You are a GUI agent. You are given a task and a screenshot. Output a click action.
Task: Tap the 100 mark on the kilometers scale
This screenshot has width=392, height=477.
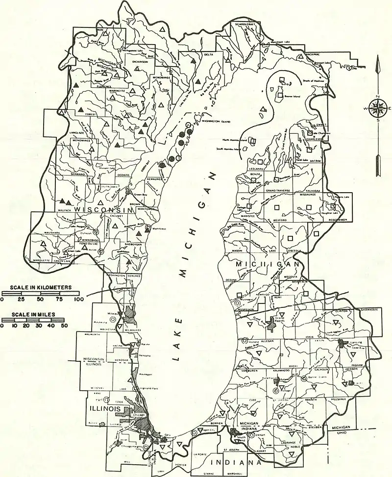coord(77,299)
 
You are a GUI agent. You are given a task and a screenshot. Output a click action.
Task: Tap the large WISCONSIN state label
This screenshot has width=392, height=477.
coord(100,210)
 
